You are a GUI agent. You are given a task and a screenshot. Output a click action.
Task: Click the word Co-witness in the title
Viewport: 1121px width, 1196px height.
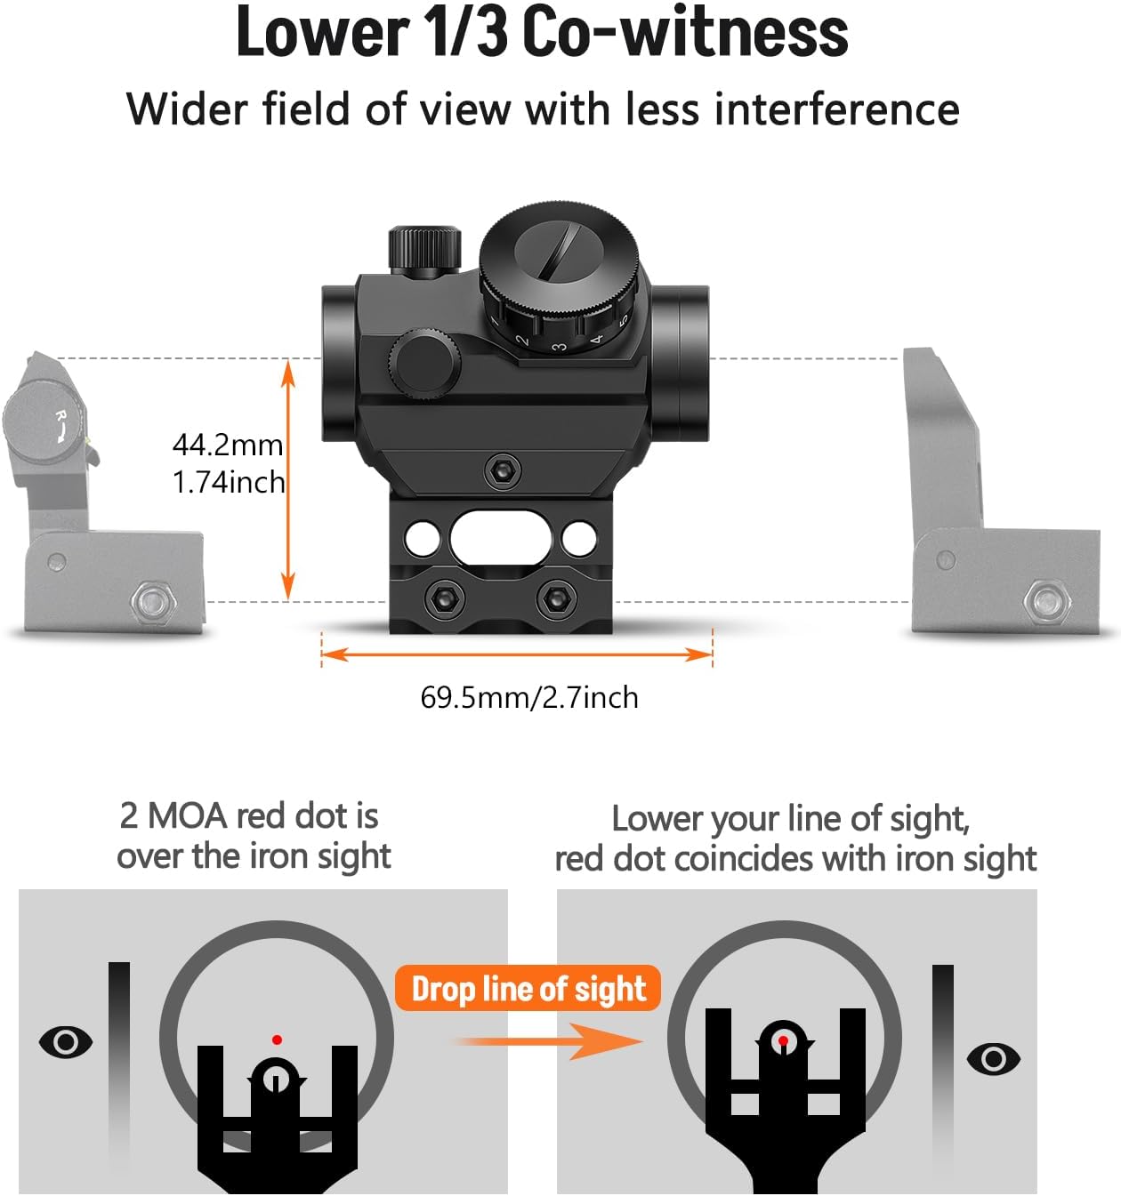pyautogui.click(x=685, y=34)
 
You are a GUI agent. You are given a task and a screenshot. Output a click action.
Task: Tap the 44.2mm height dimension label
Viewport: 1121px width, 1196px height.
pyautogui.click(x=228, y=444)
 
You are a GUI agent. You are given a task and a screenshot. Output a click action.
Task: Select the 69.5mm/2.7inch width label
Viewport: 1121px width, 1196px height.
pyautogui.click(x=529, y=697)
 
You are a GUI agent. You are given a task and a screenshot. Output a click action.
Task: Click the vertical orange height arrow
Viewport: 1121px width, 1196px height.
pyautogui.click(x=287, y=479)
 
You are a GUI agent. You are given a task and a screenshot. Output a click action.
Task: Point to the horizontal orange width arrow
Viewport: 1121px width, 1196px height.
pyautogui.click(x=517, y=655)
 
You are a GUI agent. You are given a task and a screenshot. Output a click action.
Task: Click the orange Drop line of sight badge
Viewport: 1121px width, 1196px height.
pyautogui.click(x=528, y=989)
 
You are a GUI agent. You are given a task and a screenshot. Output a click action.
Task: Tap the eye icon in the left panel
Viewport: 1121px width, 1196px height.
pyautogui.click(x=66, y=1041)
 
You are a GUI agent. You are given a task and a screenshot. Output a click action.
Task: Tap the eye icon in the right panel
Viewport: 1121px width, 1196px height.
pyautogui.click(x=993, y=1058)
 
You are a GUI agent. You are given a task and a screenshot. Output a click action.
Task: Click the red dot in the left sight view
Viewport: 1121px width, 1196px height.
pyautogui.click(x=278, y=1039)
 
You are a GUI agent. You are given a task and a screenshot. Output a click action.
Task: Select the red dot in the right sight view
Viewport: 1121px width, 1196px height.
pyautogui.click(x=783, y=1039)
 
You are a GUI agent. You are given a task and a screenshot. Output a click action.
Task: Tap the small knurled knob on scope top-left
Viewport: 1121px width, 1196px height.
pyautogui.click(x=424, y=249)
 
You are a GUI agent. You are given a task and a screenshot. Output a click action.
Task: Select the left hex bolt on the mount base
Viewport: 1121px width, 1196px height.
pyautogui.click(x=443, y=599)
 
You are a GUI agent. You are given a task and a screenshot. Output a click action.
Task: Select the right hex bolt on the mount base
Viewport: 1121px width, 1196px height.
pyautogui.click(x=557, y=599)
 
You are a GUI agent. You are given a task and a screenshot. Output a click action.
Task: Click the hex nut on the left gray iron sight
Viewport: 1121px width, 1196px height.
pyautogui.click(x=154, y=603)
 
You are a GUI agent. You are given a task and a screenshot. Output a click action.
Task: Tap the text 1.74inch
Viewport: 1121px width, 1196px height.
pyautogui.click(x=229, y=482)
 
